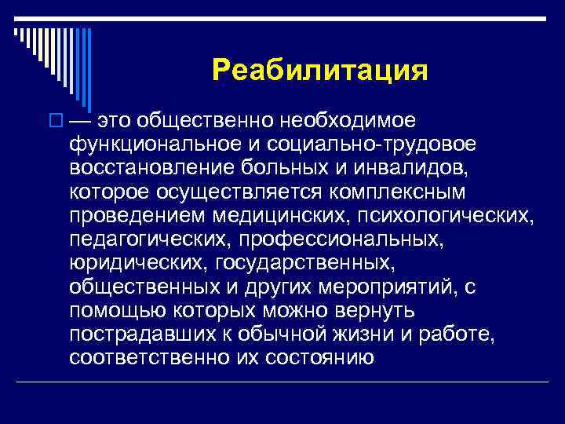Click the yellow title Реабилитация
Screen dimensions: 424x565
point(319,71)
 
